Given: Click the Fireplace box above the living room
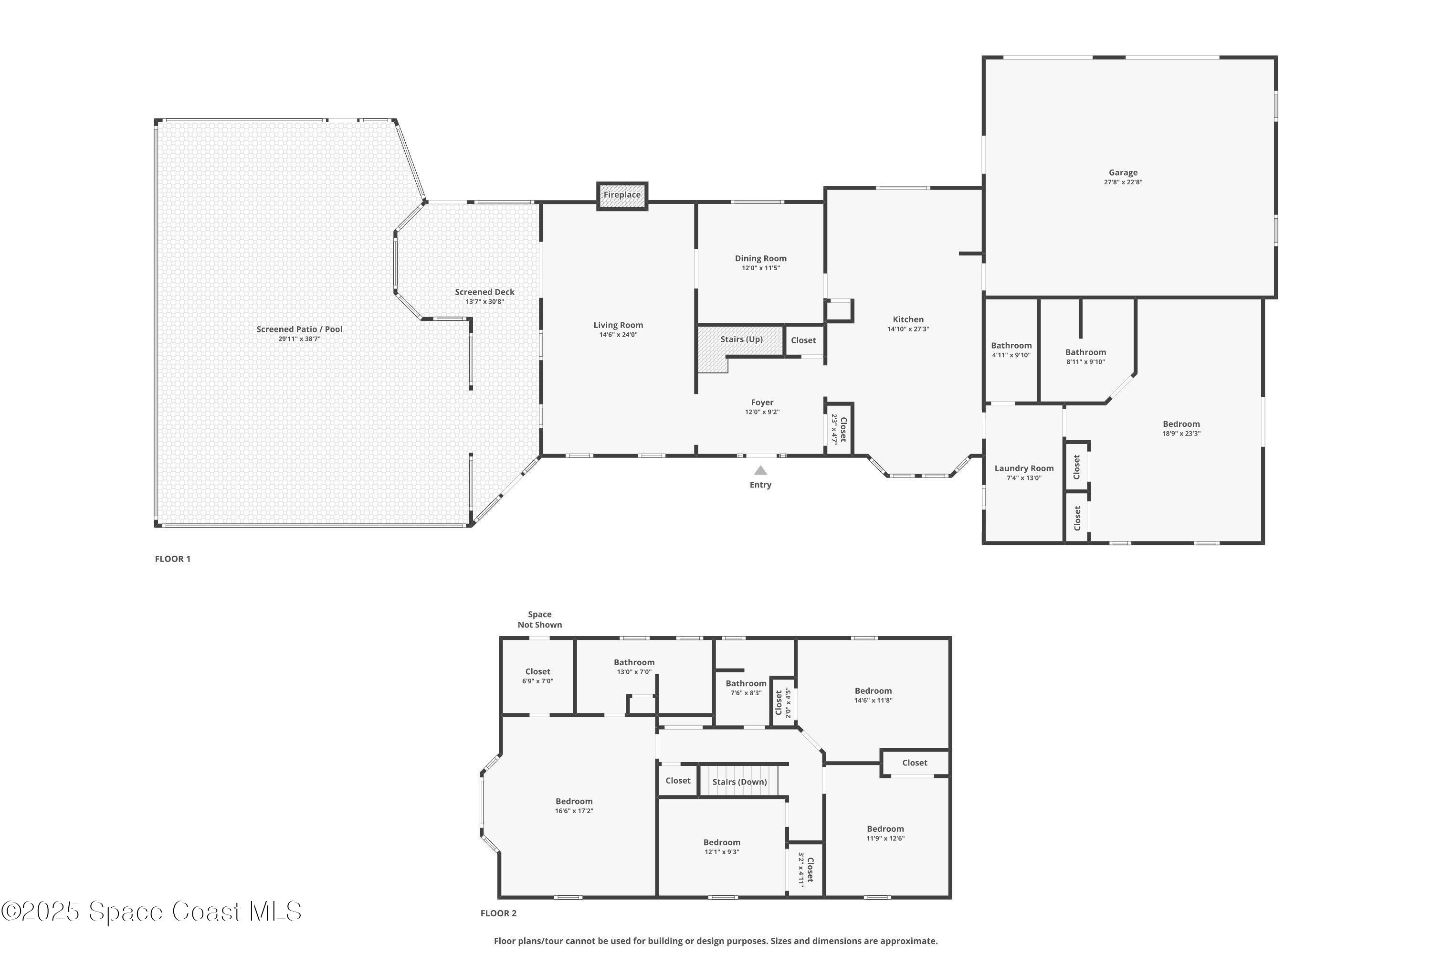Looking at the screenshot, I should pyautogui.click(x=621, y=195).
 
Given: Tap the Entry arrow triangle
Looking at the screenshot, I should pyautogui.click(x=760, y=470).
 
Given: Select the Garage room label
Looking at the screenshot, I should pyautogui.click(x=1123, y=172).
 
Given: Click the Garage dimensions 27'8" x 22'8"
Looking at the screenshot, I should pyautogui.click(x=1123, y=182).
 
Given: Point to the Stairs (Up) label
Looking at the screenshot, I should pyautogui.click(x=741, y=339).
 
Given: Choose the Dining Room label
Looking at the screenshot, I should pyautogui.click(x=760, y=258).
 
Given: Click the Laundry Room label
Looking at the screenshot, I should pyautogui.click(x=1023, y=468).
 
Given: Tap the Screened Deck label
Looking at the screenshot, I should pyautogui.click(x=484, y=292).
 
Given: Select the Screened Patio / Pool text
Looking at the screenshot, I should pyautogui.click(x=299, y=329).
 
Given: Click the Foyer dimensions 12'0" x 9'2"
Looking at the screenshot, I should pyautogui.click(x=762, y=412).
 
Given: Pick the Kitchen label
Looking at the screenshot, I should pyautogui.click(x=908, y=319).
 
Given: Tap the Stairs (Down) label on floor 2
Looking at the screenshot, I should pyautogui.click(x=739, y=782).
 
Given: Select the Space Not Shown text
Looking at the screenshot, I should pyautogui.click(x=539, y=619).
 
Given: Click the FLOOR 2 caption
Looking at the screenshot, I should pyautogui.click(x=498, y=913).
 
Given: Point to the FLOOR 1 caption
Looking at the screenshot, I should pyautogui.click(x=172, y=559).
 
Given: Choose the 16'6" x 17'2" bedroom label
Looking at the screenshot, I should pyautogui.click(x=574, y=806).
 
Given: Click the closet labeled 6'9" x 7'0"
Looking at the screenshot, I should pyautogui.click(x=537, y=676).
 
